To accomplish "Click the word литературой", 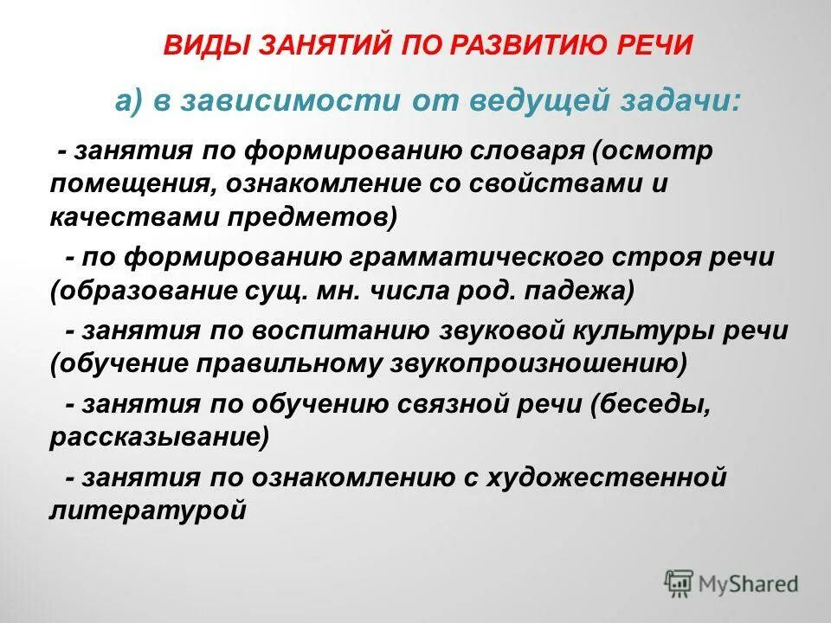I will pos(148,510).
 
